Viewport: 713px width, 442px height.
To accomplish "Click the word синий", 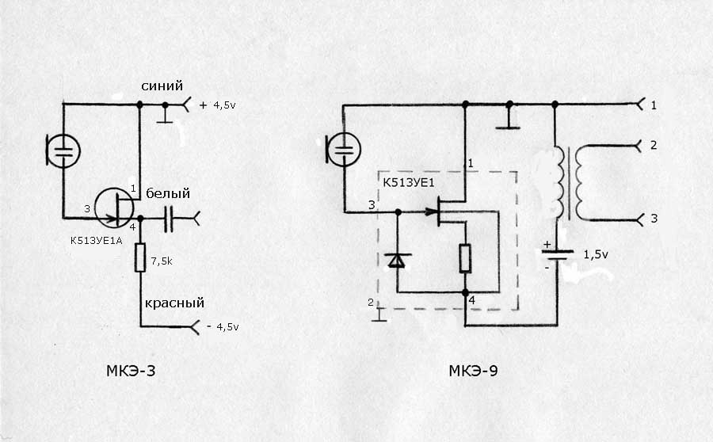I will (x=162, y=86).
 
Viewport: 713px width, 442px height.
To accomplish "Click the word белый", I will (x=166, y=193).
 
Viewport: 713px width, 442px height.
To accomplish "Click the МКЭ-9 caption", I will (x=474, y=370).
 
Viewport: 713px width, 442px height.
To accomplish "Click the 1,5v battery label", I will (x=597, y=254).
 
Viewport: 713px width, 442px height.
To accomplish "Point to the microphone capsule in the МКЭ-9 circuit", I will (x=343, y=149).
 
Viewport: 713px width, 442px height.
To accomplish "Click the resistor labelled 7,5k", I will (x=140, y=257).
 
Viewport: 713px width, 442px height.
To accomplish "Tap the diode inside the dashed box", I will (x=397, y=260).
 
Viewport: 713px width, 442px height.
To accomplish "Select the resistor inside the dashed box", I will (x=465, y=258).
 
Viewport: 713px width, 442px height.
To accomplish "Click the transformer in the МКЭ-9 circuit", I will (x=570, y=182).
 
